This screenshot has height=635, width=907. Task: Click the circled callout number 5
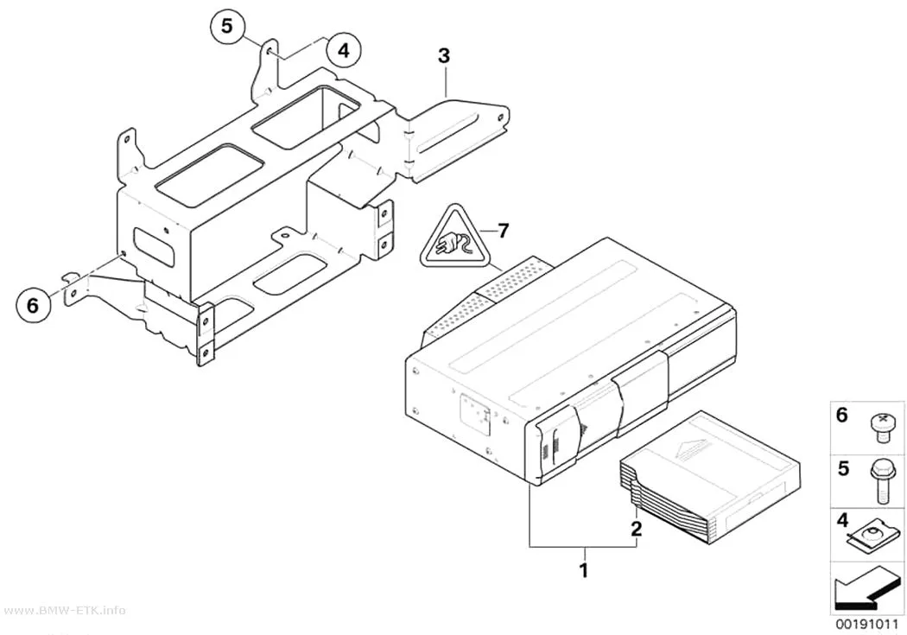[x=227, y=27]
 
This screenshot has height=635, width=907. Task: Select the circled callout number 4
[x=344, y=50]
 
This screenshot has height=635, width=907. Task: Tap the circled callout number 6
[x=33, y=304]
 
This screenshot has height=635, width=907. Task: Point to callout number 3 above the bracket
[x=444, y=56]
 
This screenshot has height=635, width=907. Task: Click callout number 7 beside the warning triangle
[x=504, y=232]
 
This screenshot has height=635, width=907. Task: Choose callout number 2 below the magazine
[x=637, y=528]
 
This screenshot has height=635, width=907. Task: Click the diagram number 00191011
[x=866, y=625]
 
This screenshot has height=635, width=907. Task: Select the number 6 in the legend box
[x=842, y=415]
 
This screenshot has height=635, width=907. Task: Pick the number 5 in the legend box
[x=843, y=468]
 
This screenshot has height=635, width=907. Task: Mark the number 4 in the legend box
[x=843, y=520]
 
